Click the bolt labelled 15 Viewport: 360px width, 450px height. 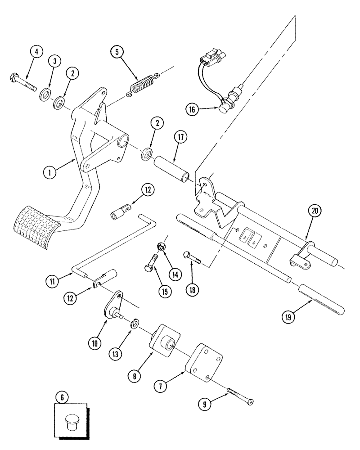coord(151,263)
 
